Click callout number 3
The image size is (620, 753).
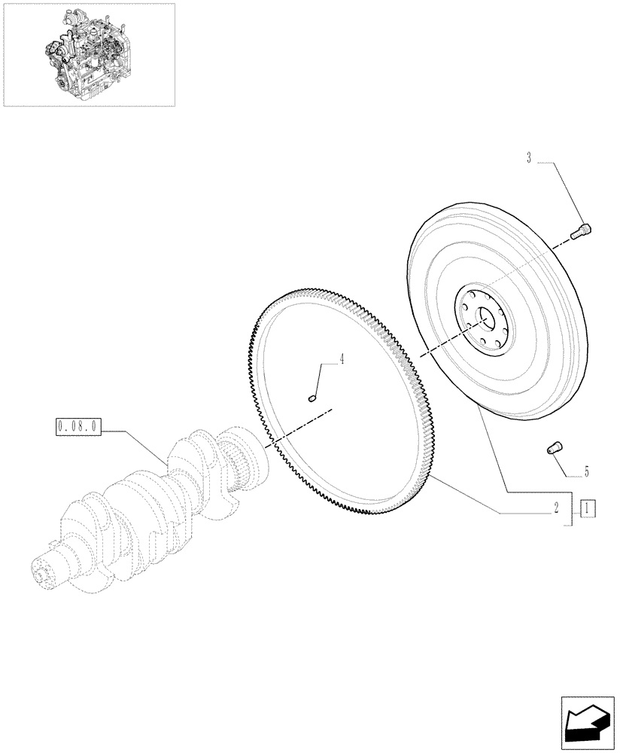pos(528,158)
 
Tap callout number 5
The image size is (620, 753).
pos(586,472)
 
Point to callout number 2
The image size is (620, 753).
pos(556,508)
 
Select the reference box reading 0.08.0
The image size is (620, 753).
pos(77,427)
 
